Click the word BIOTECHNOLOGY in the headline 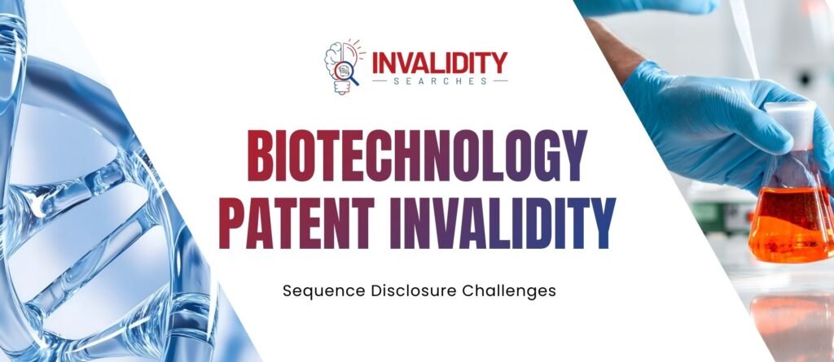pyautogui.click(x=417, y=157)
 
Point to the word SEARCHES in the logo pyautogui.click(x=440, y=81)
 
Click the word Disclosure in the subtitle pyautogui.click(x=403, y=290)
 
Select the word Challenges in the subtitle pyautogui.click(x=510, y=290)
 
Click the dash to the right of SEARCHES pyautogui.click(x=500, y=81)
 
